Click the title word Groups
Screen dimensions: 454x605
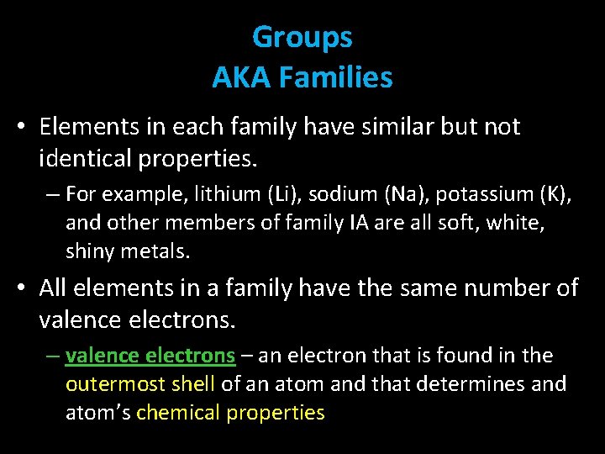click(x=302, y=38)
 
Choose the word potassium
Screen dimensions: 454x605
click(x=466, y=194)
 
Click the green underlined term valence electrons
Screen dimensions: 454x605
click(x=150, y=356)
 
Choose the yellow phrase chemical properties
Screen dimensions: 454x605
click(x=230, y=413)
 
